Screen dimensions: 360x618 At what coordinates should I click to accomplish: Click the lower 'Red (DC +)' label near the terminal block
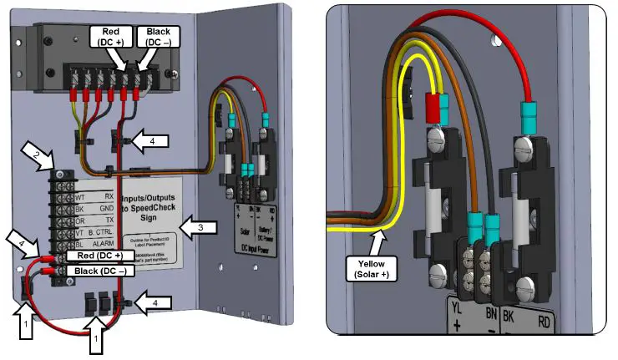[99, 256]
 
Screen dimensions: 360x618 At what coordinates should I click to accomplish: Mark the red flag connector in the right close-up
[433, 108]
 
